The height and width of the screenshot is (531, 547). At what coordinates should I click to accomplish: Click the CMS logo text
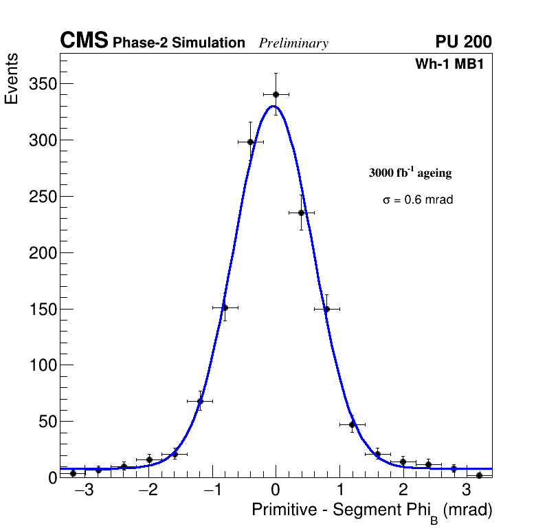[84, 41]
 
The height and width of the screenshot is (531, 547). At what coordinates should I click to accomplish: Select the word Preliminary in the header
[293, 43]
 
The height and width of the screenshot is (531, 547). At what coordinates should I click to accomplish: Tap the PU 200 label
[463, 42]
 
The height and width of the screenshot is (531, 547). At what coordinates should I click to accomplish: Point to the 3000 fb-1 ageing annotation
[410, 173]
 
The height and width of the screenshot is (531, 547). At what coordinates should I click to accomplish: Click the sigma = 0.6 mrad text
[418, 200]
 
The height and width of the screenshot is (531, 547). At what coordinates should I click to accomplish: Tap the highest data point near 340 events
[276, 94]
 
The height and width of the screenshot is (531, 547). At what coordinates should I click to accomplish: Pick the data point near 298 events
[250, 142]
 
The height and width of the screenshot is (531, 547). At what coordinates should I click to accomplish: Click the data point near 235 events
[301, 213]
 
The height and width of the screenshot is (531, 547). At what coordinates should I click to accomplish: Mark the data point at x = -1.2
[200, 401]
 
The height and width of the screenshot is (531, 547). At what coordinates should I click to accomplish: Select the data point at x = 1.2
[352, 424]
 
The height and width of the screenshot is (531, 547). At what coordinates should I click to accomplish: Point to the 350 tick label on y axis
[42, 84]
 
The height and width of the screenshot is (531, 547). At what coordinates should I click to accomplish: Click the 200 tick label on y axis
[42, 253]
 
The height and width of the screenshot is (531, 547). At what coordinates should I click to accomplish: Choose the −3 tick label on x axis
[84, 490]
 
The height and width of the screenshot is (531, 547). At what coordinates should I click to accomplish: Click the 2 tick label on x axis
[403, 490]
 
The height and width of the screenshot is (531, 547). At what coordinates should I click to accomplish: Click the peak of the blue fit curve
[273, 106]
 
